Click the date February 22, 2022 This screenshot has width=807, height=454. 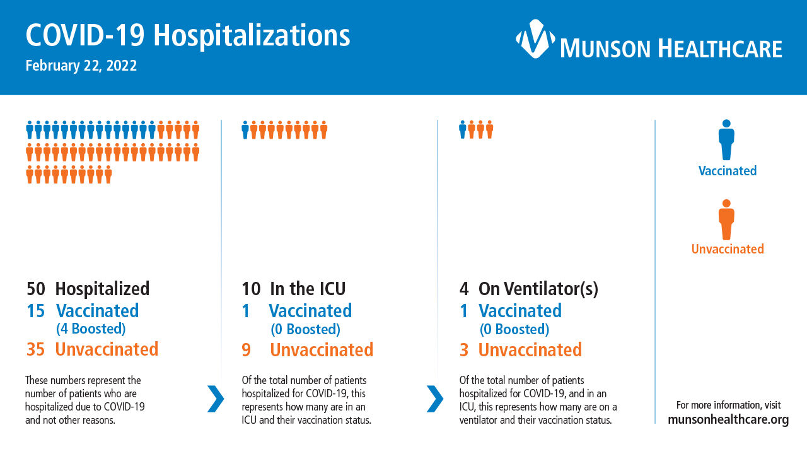[81, 66]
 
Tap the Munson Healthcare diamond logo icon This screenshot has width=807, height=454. [535, 38]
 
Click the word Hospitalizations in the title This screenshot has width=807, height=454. [252, 36]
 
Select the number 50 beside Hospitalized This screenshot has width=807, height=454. [36, 289]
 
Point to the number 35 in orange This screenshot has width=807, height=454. [36, 349]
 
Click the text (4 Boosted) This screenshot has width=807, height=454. [91, 329]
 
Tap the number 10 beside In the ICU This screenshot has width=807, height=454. [251, 289]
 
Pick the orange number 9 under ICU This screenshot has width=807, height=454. [246, 350]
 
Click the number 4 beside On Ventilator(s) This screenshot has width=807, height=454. [464, 289]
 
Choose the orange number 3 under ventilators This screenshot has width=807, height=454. [464, 350]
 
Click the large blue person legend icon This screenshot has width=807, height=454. [726, 140]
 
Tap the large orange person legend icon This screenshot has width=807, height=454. [726, 219]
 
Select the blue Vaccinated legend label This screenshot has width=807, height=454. [728, 171]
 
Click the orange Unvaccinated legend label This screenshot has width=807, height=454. [728, 249]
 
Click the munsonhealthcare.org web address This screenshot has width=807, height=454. [728, 420]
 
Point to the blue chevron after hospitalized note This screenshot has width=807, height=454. [216, 399]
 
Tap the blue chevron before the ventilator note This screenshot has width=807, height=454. [435, 399]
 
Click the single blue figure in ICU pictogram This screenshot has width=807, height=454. [245, 130]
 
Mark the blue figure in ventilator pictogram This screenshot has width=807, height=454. [463, 130]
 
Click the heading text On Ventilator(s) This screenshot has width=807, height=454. [538, 289]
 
